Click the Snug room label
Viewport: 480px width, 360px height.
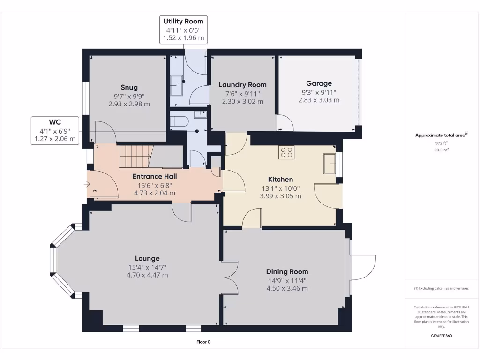point(129,87)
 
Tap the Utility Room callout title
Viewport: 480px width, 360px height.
point(183,21)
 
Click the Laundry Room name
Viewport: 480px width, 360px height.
point(242,85)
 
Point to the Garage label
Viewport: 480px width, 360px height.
point(319,83)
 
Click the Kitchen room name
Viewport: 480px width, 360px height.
point(280,179)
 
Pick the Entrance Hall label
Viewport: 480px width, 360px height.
point(154,176)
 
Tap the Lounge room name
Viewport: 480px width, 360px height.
point(147,258)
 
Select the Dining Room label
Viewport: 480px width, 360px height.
point(287,271)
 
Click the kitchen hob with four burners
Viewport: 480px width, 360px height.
point(286,152)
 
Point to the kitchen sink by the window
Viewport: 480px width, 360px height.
point(330,164)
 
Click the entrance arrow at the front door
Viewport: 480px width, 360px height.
point(87,185)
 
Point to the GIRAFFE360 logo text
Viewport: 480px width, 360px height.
point(441,336)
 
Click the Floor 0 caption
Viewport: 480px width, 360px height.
point(203,342)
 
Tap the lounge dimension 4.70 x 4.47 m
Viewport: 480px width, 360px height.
point(147,275)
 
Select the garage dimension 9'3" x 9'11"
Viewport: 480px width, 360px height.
point(319,92)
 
